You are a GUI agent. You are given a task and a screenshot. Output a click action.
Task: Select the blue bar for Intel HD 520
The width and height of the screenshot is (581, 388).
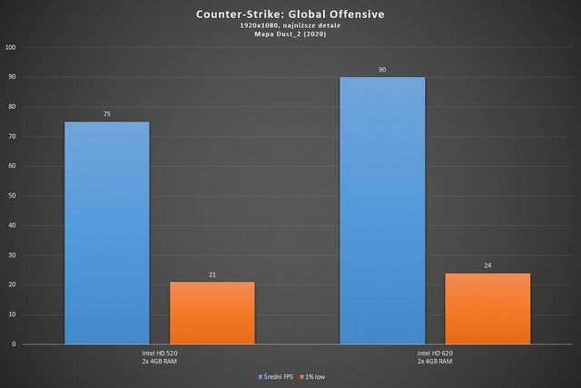point(106,233)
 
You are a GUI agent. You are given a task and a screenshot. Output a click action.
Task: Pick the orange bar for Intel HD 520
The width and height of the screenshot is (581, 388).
point(212,313)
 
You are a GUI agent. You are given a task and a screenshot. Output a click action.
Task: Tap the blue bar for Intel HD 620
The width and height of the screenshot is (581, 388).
point(382,210)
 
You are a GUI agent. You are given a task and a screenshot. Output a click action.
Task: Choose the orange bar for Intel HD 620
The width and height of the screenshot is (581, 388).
point(487,308)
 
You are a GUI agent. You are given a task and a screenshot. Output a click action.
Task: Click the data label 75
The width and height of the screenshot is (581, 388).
point(106,115)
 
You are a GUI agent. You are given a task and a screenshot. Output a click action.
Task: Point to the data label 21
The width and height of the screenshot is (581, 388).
point(212,275)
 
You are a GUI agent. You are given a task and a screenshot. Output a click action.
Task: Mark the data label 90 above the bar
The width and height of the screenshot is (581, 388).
point(382,70)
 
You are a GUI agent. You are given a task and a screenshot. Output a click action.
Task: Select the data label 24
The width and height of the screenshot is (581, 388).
point(487,267)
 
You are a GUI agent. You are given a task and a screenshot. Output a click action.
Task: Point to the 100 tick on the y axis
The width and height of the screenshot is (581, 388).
point(10,47)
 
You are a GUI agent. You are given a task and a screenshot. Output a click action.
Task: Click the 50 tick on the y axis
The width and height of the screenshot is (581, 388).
point(12,196)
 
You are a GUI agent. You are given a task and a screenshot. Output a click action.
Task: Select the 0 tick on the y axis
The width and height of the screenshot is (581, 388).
point(14,344)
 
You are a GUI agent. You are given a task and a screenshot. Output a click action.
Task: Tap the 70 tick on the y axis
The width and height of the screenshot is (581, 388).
point(12,137)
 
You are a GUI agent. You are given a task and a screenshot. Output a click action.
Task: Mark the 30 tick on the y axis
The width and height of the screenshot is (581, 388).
point(12,256)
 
